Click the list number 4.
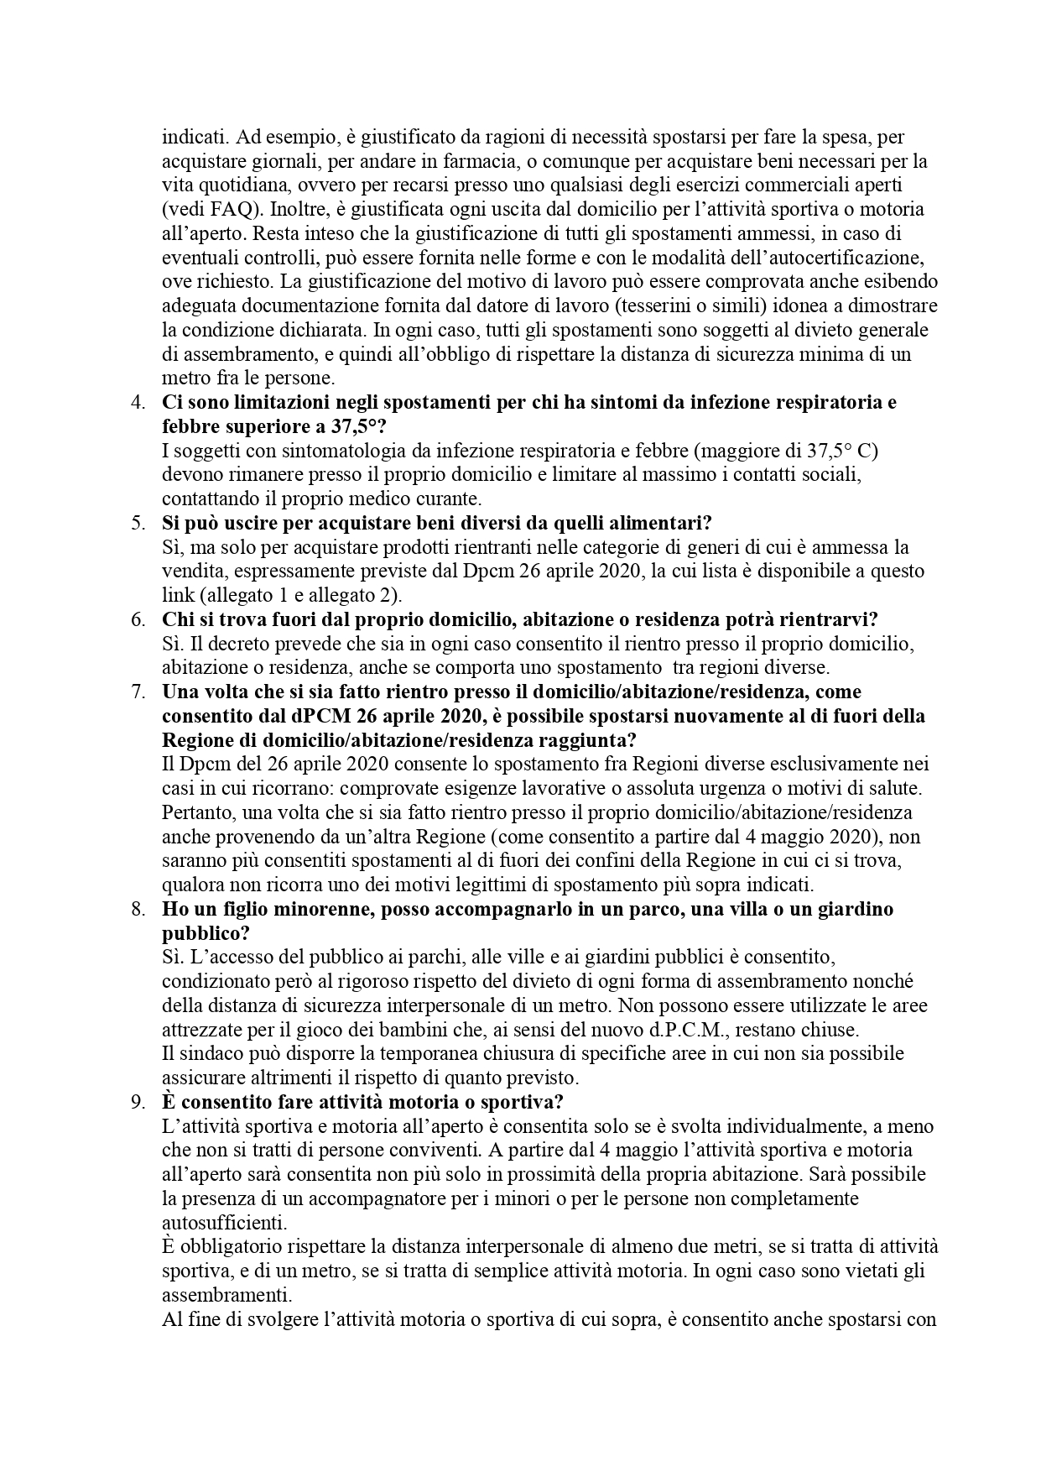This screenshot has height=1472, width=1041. pyautogui.click(x=138, y=402)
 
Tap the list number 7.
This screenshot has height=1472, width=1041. pyautogui.click(x=138, y=692)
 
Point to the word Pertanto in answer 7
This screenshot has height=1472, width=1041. pyautogui.click(x=198, y=813)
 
